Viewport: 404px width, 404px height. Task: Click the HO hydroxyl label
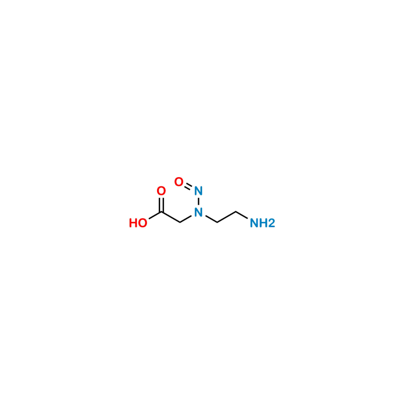138,223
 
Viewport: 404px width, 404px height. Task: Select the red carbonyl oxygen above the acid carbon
161,191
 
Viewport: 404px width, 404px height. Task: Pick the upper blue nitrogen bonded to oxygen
198,192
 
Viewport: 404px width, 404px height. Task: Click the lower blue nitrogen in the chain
198,214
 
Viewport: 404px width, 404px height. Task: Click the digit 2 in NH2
272,223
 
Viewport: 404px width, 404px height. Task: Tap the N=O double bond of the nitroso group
188,186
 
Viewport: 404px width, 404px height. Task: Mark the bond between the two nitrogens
198,203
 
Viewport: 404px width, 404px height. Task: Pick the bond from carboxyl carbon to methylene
171,217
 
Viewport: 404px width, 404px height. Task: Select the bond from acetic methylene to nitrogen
188,218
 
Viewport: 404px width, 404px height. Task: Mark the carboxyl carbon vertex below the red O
162,213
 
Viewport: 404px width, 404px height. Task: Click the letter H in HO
133,223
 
